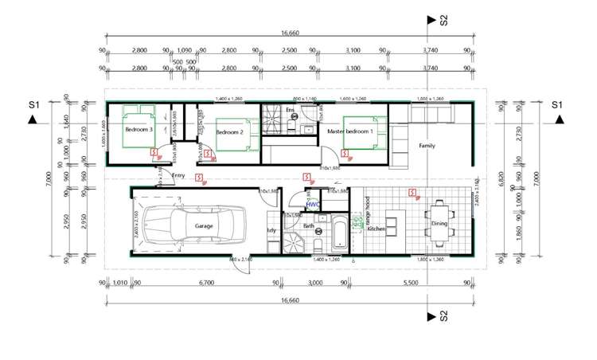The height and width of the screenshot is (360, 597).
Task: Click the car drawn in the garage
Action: point(197,225)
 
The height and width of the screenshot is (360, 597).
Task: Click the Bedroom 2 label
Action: point(229,131)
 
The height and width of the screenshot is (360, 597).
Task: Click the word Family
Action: point(427,146)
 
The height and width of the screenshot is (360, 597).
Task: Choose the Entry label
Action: point(178,175)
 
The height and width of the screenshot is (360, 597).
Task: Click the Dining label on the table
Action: point(439,225)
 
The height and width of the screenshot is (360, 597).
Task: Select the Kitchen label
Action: point(376,229)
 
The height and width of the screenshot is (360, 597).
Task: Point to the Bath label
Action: point(309,226)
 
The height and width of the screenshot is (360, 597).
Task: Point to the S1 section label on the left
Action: point(33,104)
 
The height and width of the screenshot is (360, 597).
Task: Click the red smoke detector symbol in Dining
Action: point(411,192)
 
